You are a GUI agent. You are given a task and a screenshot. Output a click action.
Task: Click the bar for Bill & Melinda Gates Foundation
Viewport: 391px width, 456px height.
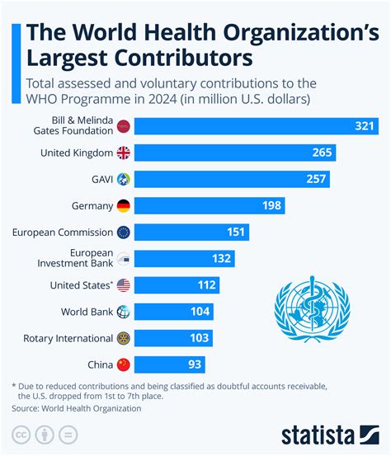(x=256, y=126)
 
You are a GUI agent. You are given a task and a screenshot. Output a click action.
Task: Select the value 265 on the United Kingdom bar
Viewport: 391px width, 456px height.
(x=322, y=153)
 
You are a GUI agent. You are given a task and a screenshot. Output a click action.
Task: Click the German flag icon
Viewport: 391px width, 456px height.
(x=124, y=205)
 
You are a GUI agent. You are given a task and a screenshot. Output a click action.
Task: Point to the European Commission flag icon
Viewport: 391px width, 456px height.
(x=124, y=232)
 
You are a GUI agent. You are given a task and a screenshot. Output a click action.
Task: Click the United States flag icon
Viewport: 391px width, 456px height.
(x=124, y=285)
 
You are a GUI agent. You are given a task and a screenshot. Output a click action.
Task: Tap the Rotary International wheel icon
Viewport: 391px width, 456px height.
(x=124, y=338)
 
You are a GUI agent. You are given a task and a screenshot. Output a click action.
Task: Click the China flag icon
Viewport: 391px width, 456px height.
(x=124, y=364)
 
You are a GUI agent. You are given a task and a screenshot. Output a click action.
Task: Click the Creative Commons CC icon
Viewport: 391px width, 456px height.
(x=21, y=435)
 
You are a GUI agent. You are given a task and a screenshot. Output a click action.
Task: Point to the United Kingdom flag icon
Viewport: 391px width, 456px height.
(x=124, y=153)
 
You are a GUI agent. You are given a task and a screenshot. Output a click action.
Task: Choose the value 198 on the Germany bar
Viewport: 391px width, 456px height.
(x=270, y=205)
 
